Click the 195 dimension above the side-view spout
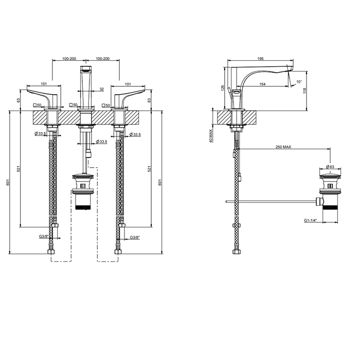point(260,59)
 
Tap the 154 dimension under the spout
point(262,84)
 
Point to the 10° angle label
point(299,81)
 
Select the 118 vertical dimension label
point(305,91)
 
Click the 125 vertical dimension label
point(222,88)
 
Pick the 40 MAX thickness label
point(211,135)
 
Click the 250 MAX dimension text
point(283,147)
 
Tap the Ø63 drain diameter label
point(330,167)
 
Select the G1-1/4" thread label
point(311,221)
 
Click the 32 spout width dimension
point(102,89)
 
